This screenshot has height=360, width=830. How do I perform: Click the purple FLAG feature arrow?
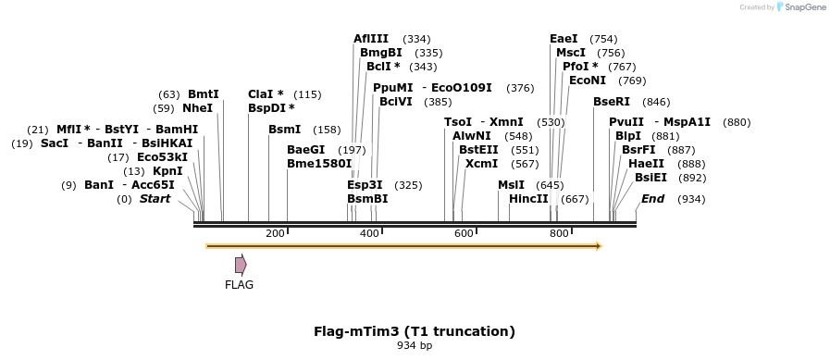click(x=241, y=265)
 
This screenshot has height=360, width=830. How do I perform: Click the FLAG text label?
click(x=239, y=285)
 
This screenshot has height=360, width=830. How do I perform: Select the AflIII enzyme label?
click(x=371, y=39)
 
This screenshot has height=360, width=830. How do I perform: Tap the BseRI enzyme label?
click(x=613, y=102)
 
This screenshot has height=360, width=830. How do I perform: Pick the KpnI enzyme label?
click(x=167, y=171)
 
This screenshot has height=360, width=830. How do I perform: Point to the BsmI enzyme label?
click(x=284, y=130)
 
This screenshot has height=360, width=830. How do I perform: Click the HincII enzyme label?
click(x=528, y=199)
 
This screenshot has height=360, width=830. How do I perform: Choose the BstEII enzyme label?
click(x=478, y=150)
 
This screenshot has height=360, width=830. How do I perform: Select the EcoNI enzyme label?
click(x=588, y=81)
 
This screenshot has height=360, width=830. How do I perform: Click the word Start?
click(x=155, y=199)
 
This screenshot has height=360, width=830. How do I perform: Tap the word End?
click(x=653, y=199)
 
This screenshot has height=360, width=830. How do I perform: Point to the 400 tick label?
click(x=369, y=233)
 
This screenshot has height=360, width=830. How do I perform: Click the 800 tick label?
click(x=559, y=233)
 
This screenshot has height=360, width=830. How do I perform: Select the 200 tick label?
click(x=275, y=233)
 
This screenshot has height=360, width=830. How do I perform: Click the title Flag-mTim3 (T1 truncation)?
click(x=415, y=330)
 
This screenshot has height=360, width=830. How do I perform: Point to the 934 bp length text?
click(x=415, y=346)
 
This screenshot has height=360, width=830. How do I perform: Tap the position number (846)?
click(x=656, y=102)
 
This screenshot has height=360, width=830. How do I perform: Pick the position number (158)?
click(x=328, y=130)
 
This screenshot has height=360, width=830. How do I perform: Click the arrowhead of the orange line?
click(x=599, y=246)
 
